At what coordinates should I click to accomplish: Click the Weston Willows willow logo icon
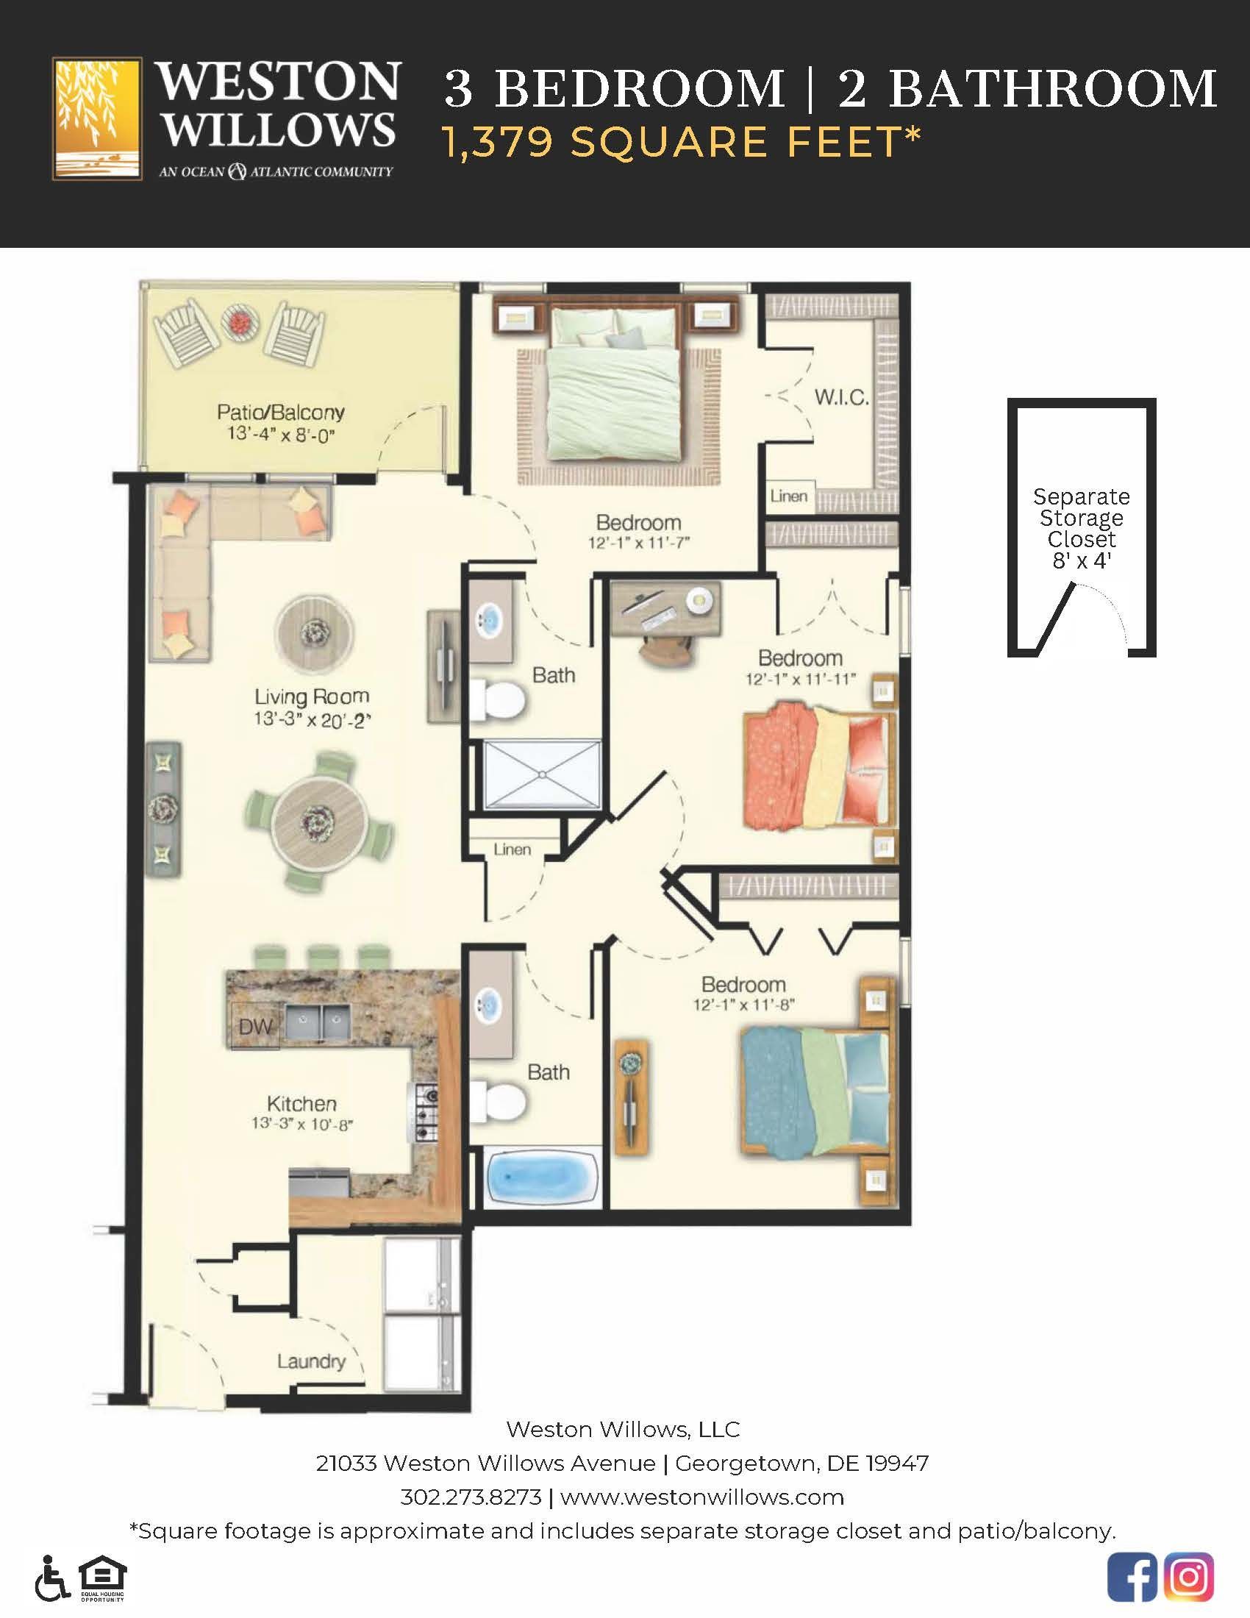coord(97,118)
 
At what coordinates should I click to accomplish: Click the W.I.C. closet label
coord(841,398)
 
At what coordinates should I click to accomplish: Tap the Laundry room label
coord(311,1361)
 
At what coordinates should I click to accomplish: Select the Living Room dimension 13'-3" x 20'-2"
coord(311,719)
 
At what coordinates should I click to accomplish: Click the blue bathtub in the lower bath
coord(543,1177)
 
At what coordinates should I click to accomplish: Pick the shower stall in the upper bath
coord(543,774)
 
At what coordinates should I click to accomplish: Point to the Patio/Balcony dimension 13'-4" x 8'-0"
coord(281,433)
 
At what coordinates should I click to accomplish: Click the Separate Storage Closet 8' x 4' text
coord(1081,528)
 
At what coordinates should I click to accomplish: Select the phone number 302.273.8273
coord(471,1498)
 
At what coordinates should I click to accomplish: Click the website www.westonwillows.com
coord(702,1498)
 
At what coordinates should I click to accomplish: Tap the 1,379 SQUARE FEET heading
coord(682,141)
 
